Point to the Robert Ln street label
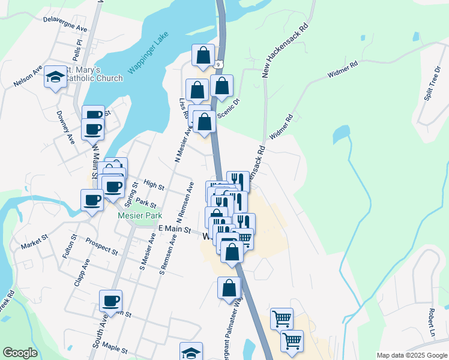(431, 324)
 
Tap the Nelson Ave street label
(28, 78)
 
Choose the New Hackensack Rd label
(285, 51)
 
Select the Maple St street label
(114, 346)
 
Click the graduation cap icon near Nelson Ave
(56, 77)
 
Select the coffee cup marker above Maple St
(110, 301)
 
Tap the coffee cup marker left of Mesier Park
(92, 200)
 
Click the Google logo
(20, 353)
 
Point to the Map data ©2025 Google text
(411, 355)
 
